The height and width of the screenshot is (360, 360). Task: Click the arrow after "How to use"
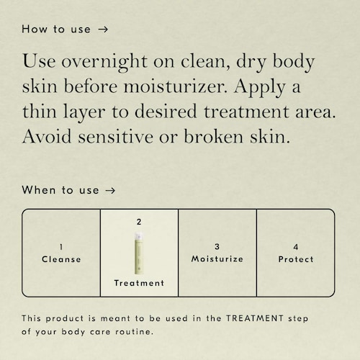(103, 30)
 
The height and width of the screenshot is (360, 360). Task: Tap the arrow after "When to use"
(110, 191)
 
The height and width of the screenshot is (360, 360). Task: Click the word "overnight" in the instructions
(104, 62)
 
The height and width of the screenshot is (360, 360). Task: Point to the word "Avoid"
(47, 136)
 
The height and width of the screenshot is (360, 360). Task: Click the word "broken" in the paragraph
(214, 136)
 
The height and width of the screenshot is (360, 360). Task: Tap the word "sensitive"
(116, 137)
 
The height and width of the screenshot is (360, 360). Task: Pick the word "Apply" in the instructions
(260, 88)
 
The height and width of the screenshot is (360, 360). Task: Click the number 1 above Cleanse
(61, 247)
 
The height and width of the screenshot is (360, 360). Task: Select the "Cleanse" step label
(61, 259)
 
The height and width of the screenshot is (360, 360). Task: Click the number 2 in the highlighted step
(139, 222)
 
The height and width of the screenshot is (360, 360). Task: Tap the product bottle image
(139, 253)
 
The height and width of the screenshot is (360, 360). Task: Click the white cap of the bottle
(139, 236)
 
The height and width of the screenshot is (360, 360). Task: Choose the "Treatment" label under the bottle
(139, 283)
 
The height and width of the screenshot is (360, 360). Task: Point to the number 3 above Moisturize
(217, 247)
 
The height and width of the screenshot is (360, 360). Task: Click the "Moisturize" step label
(217, 259)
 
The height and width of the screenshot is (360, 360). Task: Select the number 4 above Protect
(296, 247)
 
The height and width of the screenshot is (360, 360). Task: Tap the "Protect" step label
(296, 259)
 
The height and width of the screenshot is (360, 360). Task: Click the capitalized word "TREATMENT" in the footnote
(255, 318)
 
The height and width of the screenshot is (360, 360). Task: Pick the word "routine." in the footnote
(135, 332)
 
